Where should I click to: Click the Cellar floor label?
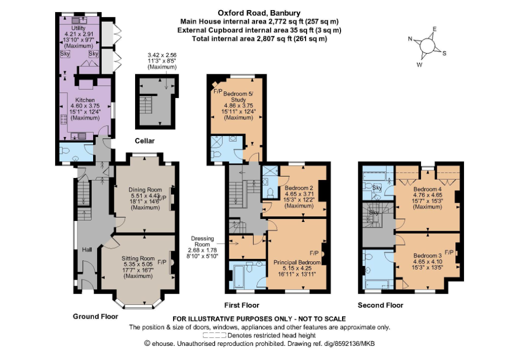145,141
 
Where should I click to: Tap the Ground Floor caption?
96,317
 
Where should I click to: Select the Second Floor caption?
381,305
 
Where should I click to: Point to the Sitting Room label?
138,258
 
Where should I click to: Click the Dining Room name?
145,190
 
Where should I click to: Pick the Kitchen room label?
85,100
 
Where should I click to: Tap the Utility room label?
78,28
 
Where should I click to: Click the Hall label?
87,249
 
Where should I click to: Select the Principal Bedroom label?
297,262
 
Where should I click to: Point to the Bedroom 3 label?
427,256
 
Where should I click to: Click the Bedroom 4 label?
428,190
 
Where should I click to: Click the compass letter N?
410,39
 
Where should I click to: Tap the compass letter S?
444,53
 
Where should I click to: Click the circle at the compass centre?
427,46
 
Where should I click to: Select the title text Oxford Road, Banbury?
259,13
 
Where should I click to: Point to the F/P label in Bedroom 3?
449,252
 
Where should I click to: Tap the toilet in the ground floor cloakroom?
64,151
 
